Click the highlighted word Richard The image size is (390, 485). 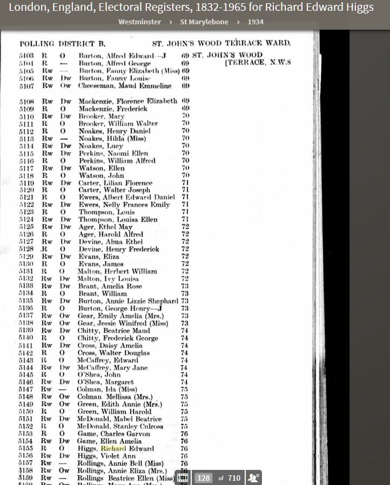pyautogui.click(x=113, y=448)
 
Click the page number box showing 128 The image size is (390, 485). pyautogui.click(x=204, y=477)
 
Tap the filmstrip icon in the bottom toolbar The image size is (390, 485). pyautogui.click(x=183, y=477)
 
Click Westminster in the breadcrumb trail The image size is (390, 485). pyautogui.click(x=139, y=22)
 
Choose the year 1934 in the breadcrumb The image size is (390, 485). pyautogui.click(x=256, y=22)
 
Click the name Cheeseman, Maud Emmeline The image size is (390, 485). pyautogui.click(x=125, y=86)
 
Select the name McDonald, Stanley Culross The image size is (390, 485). pyautogui.click(x=120, y=426)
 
